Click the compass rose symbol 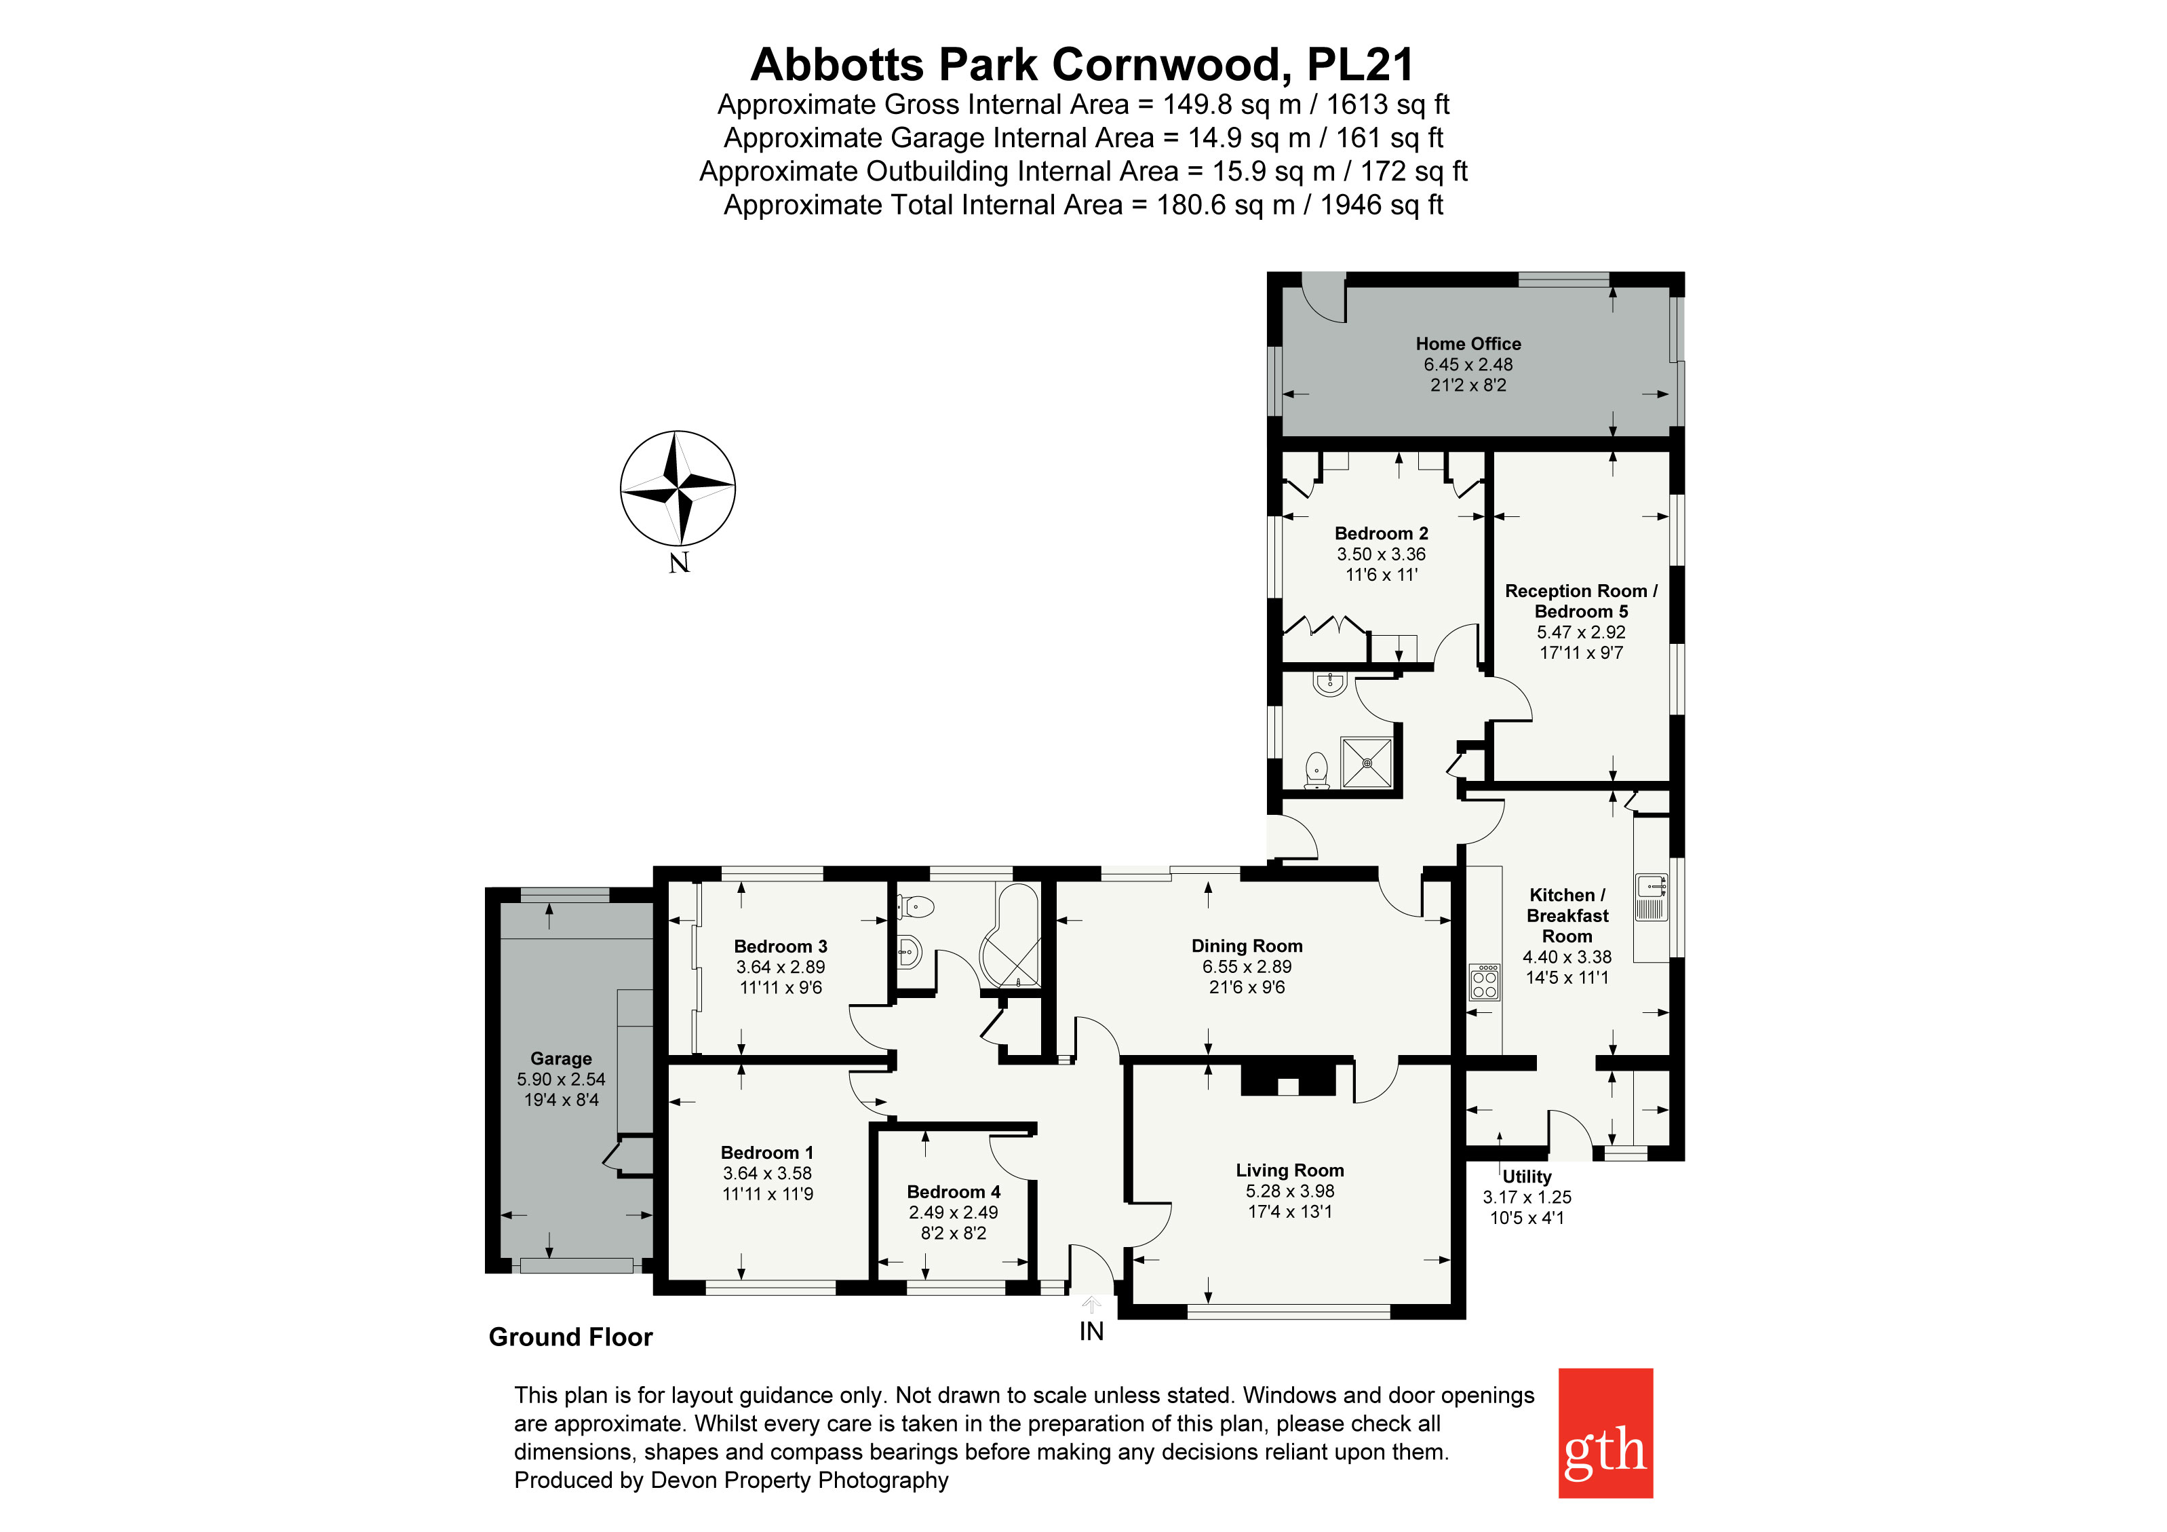678,488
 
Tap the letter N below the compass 680,564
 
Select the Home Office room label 1468,343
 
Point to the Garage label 561,1058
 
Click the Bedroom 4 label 953,1191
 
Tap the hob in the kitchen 1485,982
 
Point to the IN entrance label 1091,1331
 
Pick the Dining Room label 1246,945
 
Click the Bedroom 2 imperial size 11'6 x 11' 1381,574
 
